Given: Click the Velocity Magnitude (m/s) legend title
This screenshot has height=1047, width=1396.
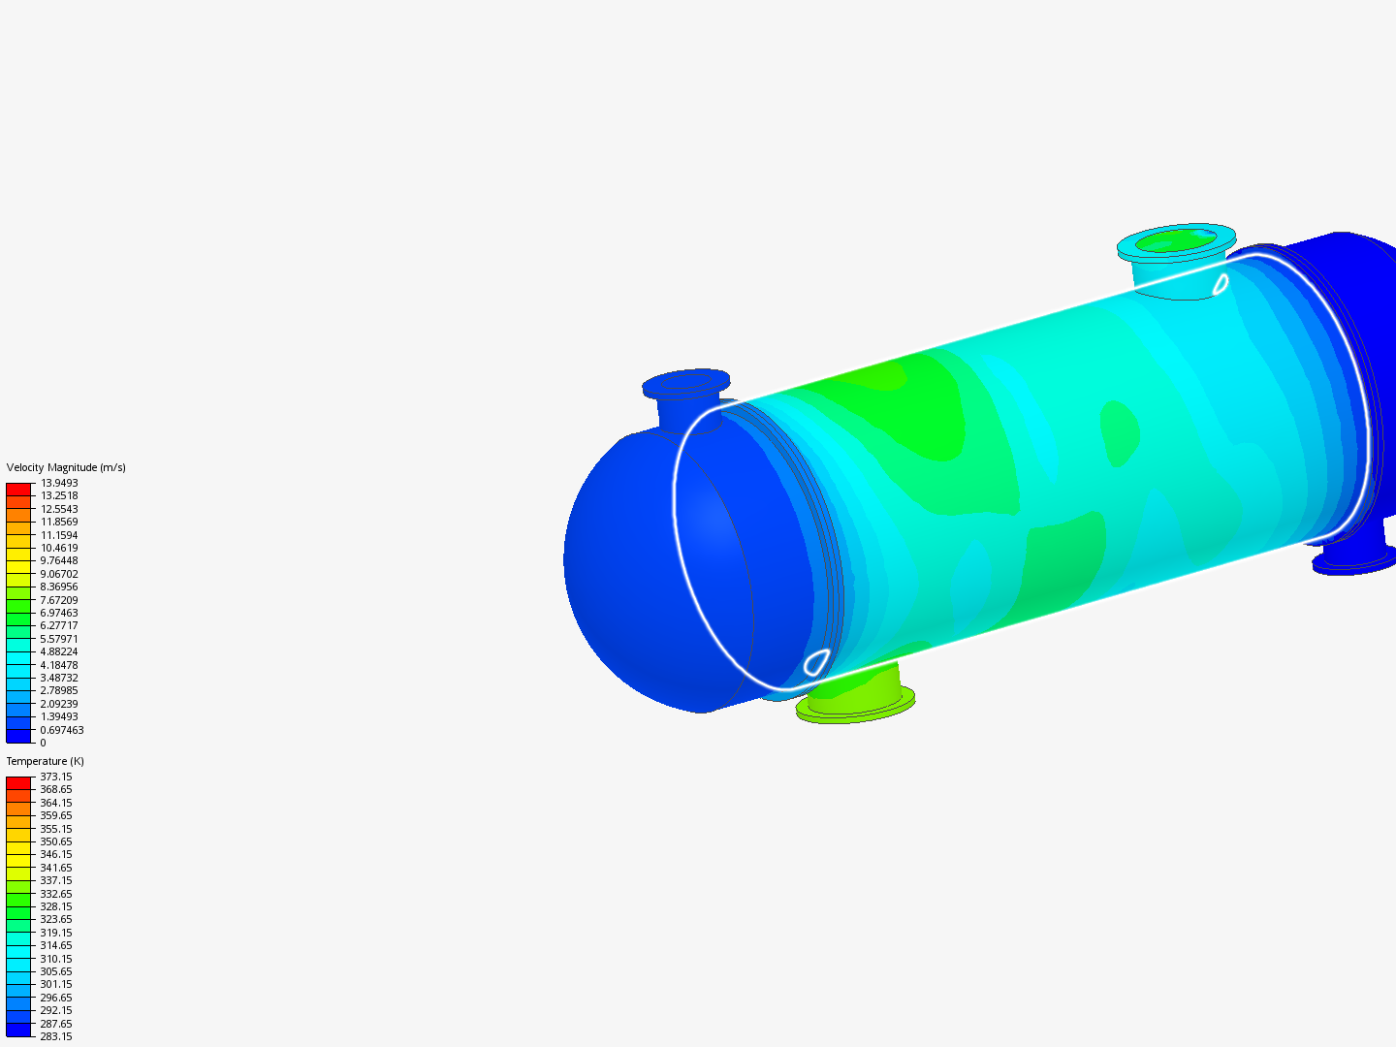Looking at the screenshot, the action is tap(66, 467).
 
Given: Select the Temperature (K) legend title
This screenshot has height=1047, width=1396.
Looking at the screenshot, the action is tap(46, 761).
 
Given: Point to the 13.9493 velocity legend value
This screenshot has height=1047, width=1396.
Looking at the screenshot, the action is tap(59, 483).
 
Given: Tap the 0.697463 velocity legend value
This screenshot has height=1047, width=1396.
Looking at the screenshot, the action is tap(62, 730).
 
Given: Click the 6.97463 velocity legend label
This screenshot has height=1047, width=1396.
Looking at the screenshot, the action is tap(59, 613).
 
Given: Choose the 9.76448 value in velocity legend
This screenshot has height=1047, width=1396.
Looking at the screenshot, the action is tap(59, 560).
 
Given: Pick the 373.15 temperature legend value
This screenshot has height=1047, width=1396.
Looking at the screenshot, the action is tap(56, 777).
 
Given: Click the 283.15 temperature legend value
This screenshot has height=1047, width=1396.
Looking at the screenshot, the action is tap(56, 1036).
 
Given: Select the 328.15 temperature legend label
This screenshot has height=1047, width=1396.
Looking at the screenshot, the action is tap(56, 906).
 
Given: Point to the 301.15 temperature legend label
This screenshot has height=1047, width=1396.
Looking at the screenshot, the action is tap(56, 984).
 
